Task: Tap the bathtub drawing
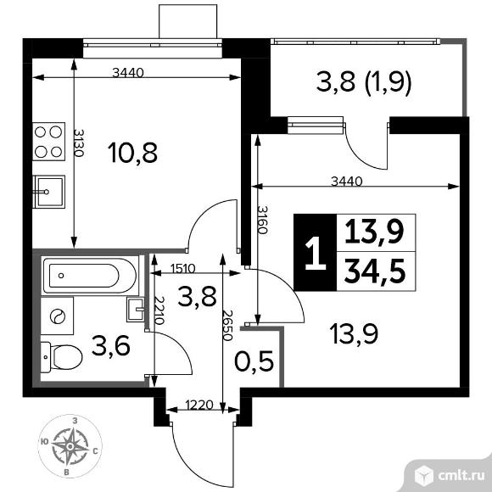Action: pos(90,276)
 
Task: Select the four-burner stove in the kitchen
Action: pos(48,142)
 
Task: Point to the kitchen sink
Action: pos(48,192)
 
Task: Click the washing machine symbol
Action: pos(57,316)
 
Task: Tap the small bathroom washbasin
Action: pos(136,310)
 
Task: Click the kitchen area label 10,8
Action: pos(132,153)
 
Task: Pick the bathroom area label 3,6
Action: pos(111,346)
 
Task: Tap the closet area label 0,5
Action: pos(254,361)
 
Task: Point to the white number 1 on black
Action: pos(316,253)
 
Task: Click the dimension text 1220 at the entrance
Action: pos(199,405)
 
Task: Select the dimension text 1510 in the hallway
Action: pos(183,269)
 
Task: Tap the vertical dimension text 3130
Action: pos(78,143)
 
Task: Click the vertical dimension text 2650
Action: pos(226,326)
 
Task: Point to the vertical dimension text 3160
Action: pos(262,220)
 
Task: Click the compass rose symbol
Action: pos(70,446)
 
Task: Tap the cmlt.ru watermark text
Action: pos(461,476)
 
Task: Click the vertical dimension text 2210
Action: pos(159,310)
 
